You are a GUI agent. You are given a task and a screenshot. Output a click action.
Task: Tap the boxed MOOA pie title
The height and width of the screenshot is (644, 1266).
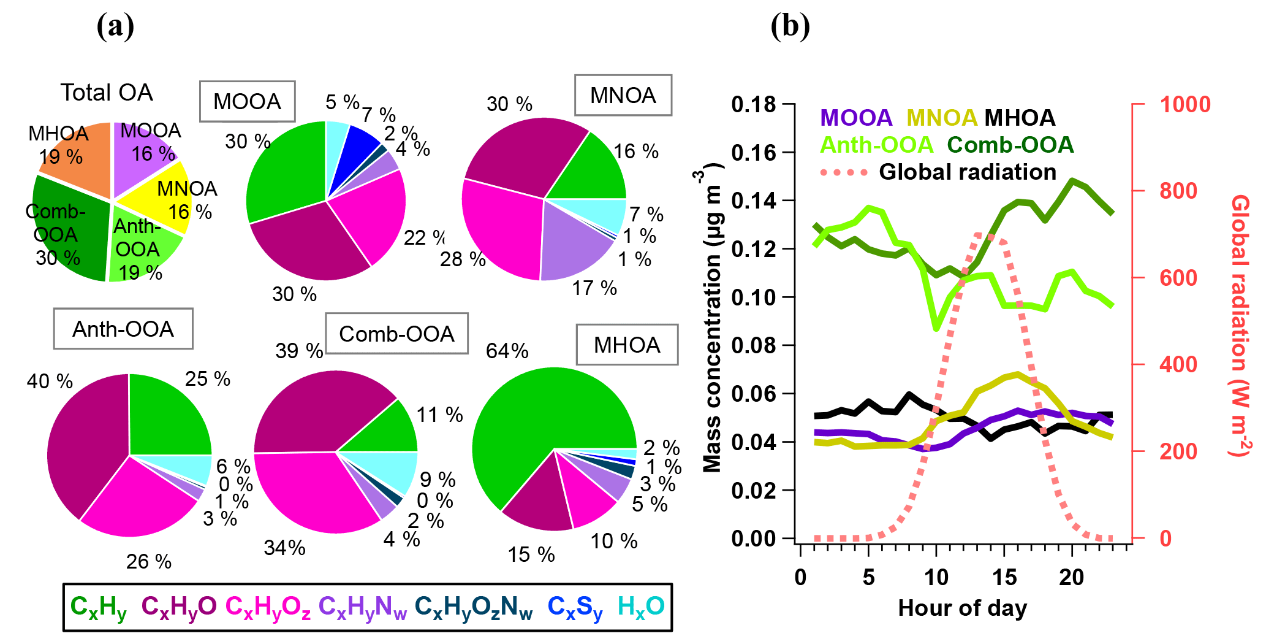pyautogui.click(x=247, y=101)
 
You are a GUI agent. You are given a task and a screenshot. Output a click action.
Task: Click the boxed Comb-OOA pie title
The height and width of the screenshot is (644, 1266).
pyautogui.click(x=396, y=334)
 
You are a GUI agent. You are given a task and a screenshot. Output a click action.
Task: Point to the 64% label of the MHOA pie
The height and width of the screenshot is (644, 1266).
pyautogui.click(x=507, y=351)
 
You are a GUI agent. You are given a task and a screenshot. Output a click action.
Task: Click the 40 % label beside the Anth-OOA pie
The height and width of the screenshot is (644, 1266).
pyautogui.click(x=50, y=381)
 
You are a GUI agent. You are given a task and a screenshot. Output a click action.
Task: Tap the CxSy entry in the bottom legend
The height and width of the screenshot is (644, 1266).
pyautogui.click(x=574, y=607)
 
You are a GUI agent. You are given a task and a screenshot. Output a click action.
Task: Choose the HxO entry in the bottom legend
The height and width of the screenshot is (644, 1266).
pyautogui.click(x=640, y=607)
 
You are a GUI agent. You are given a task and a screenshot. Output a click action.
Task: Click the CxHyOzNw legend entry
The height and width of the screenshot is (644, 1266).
pyautogui.click(x=473, y=607)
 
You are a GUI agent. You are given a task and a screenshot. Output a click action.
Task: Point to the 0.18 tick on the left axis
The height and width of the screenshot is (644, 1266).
pyautogui.click(x=754, y=104)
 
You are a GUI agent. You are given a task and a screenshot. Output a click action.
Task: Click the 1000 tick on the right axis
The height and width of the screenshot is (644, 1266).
pyautogui.click(x=1185, y=104)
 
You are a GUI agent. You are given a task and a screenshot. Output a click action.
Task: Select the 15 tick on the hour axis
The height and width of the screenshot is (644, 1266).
pyautogui.click(x=1004, y=577)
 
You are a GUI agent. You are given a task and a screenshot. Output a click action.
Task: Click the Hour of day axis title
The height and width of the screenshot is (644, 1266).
pyautogui.click(x=962, y=608)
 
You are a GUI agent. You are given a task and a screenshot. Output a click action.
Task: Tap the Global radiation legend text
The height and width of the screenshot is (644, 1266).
pyautogui.click(x=968, y=172)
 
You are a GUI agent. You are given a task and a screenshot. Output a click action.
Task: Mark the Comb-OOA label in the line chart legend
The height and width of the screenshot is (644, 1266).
pyautogui.click(x=1010, y=145)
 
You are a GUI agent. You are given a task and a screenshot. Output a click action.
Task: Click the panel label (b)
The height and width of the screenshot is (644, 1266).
pyautogui.click(x=790, y=26)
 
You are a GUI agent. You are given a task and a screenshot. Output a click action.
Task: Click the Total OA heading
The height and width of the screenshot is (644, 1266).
pyautogui.click(x=107, y=93)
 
